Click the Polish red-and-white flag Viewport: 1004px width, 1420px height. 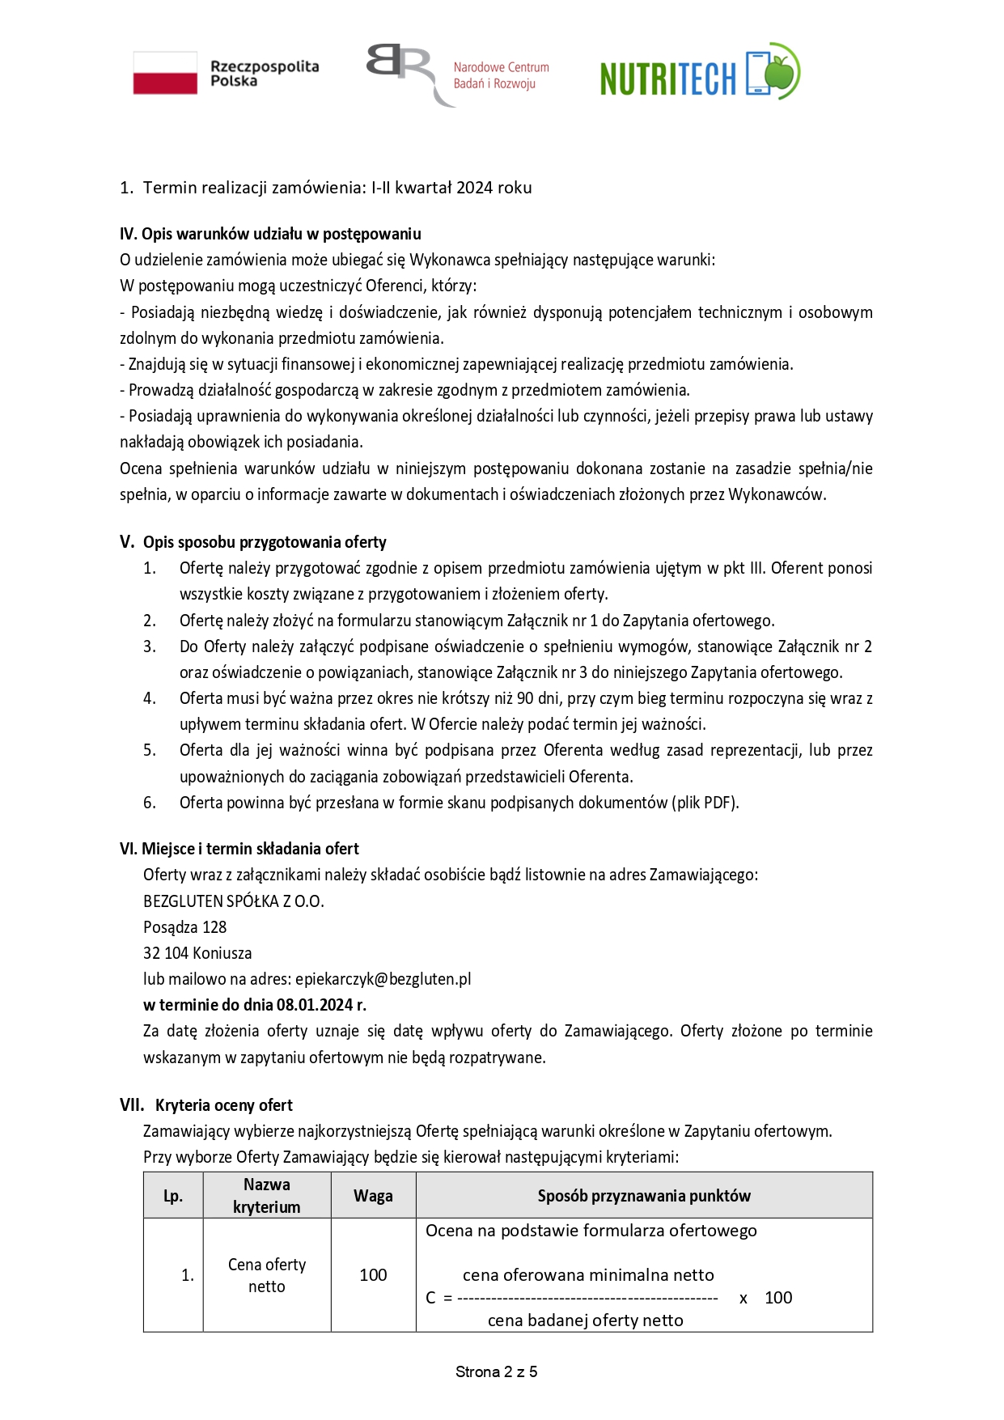point(165,73)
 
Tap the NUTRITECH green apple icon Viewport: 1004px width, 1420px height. point(782,71)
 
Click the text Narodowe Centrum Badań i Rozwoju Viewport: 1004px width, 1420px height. point(501,75)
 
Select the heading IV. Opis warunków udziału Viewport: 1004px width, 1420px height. point(270,234)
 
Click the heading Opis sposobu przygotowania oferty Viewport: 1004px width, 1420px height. point(265,542)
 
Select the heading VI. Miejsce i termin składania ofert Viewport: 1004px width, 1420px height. point(239,849)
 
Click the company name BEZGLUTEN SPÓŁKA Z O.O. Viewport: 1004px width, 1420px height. point(234,901)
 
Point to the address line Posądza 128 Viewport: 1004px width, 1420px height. point(185,927)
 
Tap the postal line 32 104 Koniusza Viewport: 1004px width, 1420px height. point(197,953)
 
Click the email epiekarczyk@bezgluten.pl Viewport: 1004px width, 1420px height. point(383,979)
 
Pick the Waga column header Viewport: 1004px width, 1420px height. point(373,1196)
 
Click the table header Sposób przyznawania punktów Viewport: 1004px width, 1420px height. point(644,1196)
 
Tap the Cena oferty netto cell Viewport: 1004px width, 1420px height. point(267,1275)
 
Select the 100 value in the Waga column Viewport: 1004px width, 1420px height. point(373,1275)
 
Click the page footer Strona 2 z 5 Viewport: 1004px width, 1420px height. point(497,1371)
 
